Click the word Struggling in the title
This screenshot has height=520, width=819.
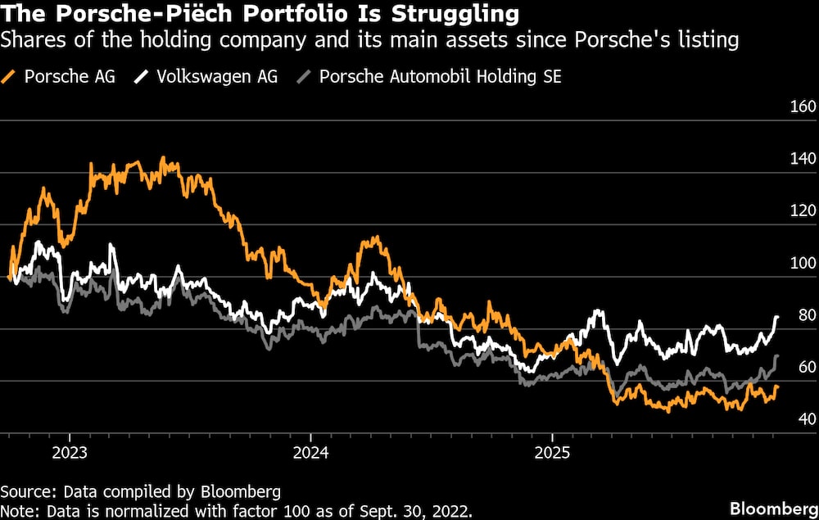point(458,15)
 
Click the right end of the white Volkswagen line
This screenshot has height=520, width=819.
point(776,316)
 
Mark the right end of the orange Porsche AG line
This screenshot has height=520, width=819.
point(776,386)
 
